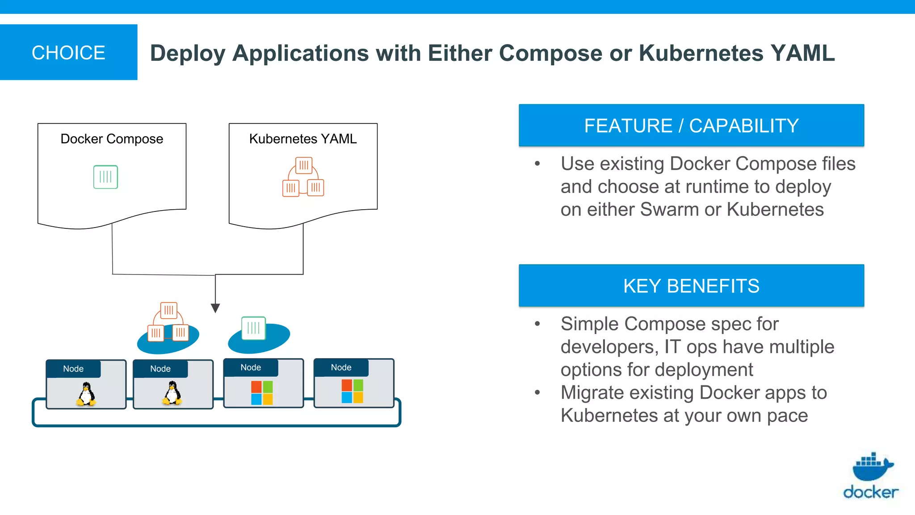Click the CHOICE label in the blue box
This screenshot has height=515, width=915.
click(68, 53)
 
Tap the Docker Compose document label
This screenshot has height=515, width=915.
click(112, 139)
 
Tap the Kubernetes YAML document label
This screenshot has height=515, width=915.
click(303, 139)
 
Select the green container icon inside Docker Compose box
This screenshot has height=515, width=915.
click(105, 177)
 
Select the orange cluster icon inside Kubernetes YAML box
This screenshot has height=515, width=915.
click(303, 177)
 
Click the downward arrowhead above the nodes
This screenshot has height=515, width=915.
click(215, 308)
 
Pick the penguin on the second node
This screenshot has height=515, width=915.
click(172, 393)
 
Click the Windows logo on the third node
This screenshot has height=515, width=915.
click(262, 393)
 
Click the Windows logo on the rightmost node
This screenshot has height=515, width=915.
click(352, 391)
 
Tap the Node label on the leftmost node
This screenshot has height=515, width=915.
click(73, 369)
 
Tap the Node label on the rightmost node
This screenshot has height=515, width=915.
click(341, 367)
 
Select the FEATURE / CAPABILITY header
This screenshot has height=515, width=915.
click(691, 126)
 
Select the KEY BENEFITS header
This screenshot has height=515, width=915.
click(691, 286)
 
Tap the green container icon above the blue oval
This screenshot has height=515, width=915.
click(253, 328)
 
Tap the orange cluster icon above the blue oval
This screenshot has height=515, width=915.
click(168, 322)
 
